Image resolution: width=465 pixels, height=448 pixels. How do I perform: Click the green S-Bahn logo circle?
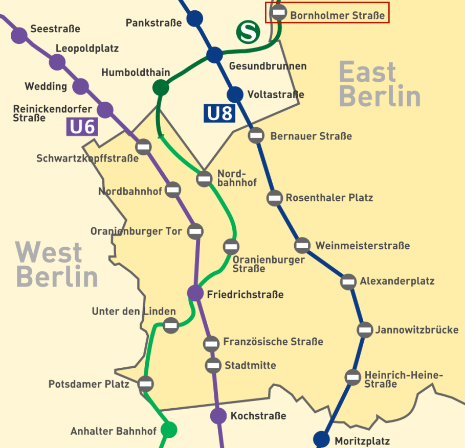(x=248, y=32)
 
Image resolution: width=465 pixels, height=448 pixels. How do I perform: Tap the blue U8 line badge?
(x=219, y=113)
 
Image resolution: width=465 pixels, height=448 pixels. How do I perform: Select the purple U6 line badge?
(x=82, y=126)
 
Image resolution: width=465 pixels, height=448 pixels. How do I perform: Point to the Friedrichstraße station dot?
(x=195, y=293)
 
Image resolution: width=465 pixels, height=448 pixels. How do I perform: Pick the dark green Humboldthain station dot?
(x=161, y=87)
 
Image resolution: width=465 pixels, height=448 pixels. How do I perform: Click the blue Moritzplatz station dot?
(x=321, y=439)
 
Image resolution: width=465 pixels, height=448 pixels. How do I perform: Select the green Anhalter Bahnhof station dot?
(x=168, y=430)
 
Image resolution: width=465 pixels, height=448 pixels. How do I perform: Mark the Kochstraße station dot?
(x=218, y=416)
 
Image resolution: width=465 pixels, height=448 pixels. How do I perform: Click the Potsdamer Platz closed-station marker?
(x=146, y=383)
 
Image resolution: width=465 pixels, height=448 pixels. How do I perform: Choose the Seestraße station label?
(x=55, y=29)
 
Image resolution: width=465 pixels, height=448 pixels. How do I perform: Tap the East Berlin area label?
(x=379, y=84)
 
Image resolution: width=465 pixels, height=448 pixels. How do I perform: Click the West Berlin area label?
(x=56, y=265)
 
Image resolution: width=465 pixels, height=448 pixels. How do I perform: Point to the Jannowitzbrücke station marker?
(x=365, y=330)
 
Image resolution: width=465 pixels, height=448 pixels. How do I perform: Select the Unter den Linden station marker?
(x=170, y=324)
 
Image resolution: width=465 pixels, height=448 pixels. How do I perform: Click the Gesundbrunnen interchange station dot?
(x=214, y=55)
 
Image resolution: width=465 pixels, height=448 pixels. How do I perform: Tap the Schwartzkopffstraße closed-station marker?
(x=143, y=147)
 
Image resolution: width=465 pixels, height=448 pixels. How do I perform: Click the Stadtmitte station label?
(x=250, y=365)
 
